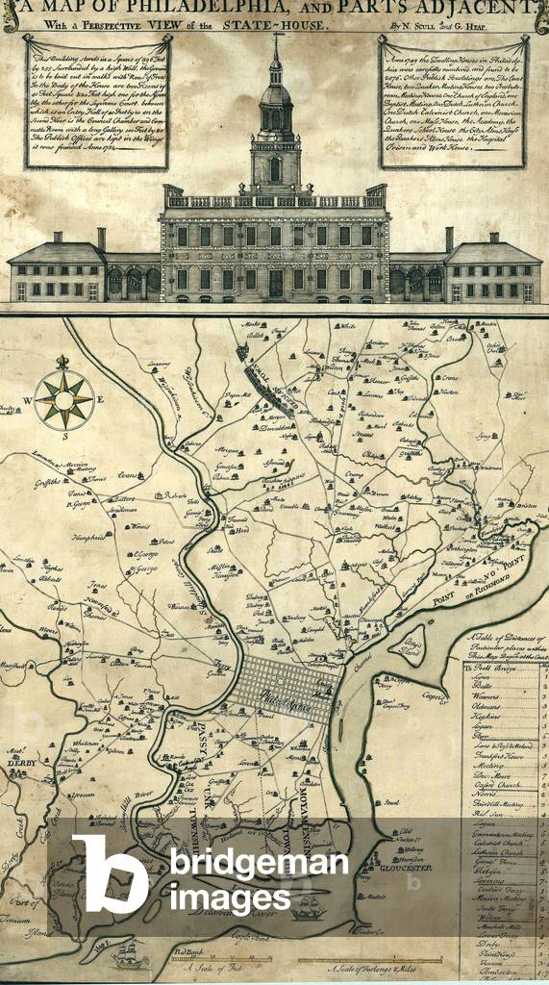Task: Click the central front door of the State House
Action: coord(276,283)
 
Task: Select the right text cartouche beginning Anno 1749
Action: coord(453,102)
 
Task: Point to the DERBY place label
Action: coord(19,762)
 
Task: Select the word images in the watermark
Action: coord(230,897)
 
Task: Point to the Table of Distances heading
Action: coord(503,645)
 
